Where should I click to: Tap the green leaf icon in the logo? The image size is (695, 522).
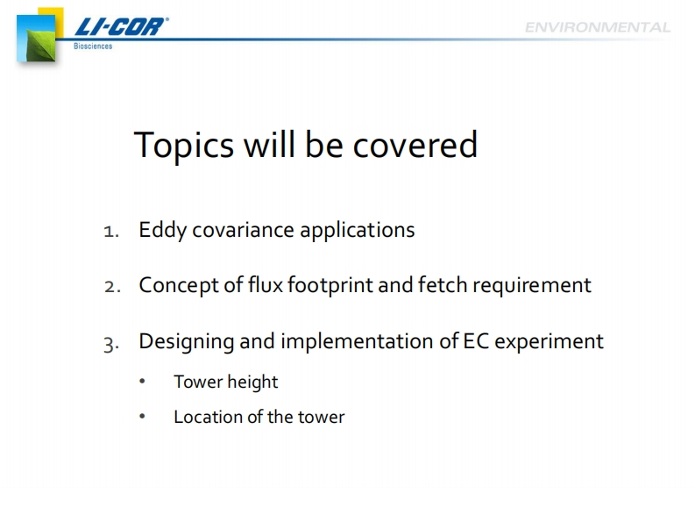[x=41, y=46]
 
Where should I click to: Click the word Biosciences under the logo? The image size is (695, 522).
[x=93, y=46]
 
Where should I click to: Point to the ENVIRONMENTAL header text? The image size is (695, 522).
[x=598, y=27]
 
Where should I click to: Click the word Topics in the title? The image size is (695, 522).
[x=183, y=146]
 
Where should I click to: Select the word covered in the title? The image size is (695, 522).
[x=415, y=145]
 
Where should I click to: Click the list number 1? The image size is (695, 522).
[x=110, y=232]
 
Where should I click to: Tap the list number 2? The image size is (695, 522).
[x=112, y=287]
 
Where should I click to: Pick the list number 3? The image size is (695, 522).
[x=111, y=344]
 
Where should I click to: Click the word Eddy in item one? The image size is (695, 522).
[x=162, y=231]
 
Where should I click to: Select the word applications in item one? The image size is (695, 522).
[x=358, y=231]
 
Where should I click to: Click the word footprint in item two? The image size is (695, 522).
[x=330, y=285]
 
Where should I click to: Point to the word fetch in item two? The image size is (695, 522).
[x=443, y=284]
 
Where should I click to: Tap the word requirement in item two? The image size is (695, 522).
[x=532, y=285]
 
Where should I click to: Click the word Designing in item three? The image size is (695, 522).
[x=186, y=342]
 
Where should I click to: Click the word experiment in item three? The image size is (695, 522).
[x=549, y=342]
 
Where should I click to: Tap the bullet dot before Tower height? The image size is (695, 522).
[x=142, y=382]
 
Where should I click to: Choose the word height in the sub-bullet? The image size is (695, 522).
[x=252, y=383]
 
